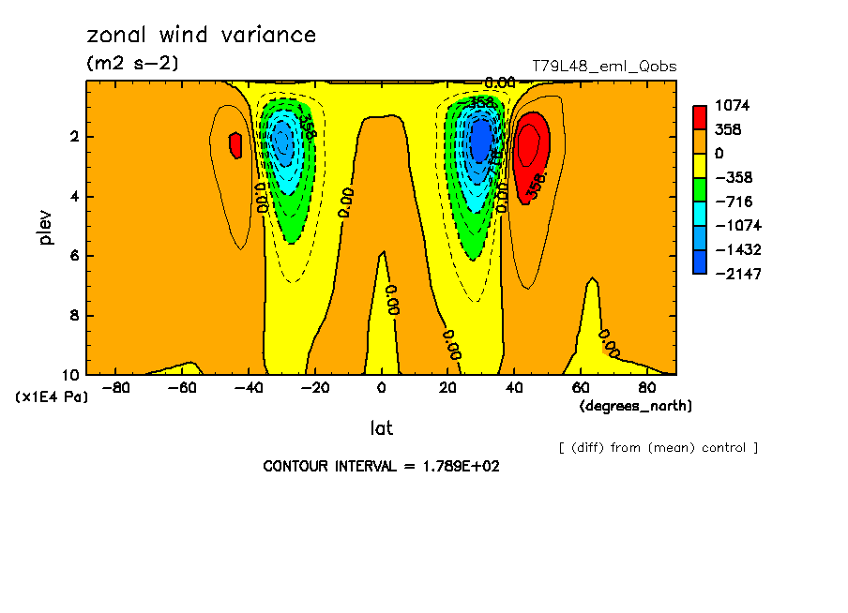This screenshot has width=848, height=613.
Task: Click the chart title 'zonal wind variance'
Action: (201, 36)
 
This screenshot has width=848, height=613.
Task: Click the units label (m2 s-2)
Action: (131, 63)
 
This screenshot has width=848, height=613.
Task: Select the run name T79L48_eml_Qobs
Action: (603, 67)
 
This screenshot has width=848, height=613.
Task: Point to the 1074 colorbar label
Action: (732, 106)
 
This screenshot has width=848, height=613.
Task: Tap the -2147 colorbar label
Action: (734, 274)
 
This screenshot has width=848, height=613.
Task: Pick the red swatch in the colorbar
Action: (700, 117)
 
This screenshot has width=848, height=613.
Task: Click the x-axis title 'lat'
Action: (381, 428)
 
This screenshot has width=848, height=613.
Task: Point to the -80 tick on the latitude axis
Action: (114, 387)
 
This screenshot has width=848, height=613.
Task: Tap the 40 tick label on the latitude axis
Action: (514, 387)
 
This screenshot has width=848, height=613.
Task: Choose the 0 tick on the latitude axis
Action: (381, 387)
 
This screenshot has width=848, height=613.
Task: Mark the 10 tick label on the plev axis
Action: (70, 375)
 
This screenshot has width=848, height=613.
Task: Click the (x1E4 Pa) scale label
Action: (52, 397)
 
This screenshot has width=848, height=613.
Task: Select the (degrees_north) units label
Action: (636, 406)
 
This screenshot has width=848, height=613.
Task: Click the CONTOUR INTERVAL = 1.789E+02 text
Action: (381, 466)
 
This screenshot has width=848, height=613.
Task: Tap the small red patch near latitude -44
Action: (235, 145)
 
